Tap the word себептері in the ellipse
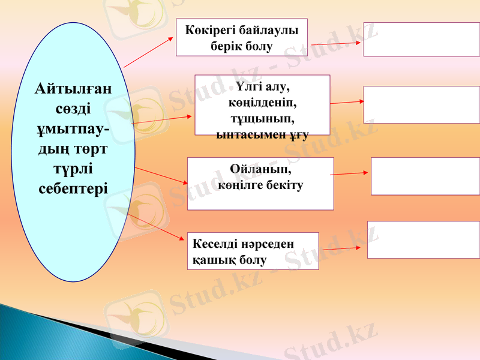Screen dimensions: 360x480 [x=73, y=188]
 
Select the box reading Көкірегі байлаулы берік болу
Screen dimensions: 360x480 [x=241, y=37]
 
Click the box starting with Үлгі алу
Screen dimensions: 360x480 [x=262, y=105]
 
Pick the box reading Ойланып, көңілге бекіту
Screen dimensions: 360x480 [x=260, y=184]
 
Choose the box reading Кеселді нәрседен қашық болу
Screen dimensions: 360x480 [x=253, y=251]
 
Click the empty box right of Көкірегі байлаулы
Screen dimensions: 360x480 [x=421, y=39]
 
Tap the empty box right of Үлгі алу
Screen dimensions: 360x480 [x=421, y=104]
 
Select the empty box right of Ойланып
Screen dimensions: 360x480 [x=425, y=176]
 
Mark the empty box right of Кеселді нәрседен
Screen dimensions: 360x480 [x=423, y=239]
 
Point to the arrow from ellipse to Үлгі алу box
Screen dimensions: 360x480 [x=162, y=119]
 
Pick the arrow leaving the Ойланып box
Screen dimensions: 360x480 [x=350, y=173]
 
